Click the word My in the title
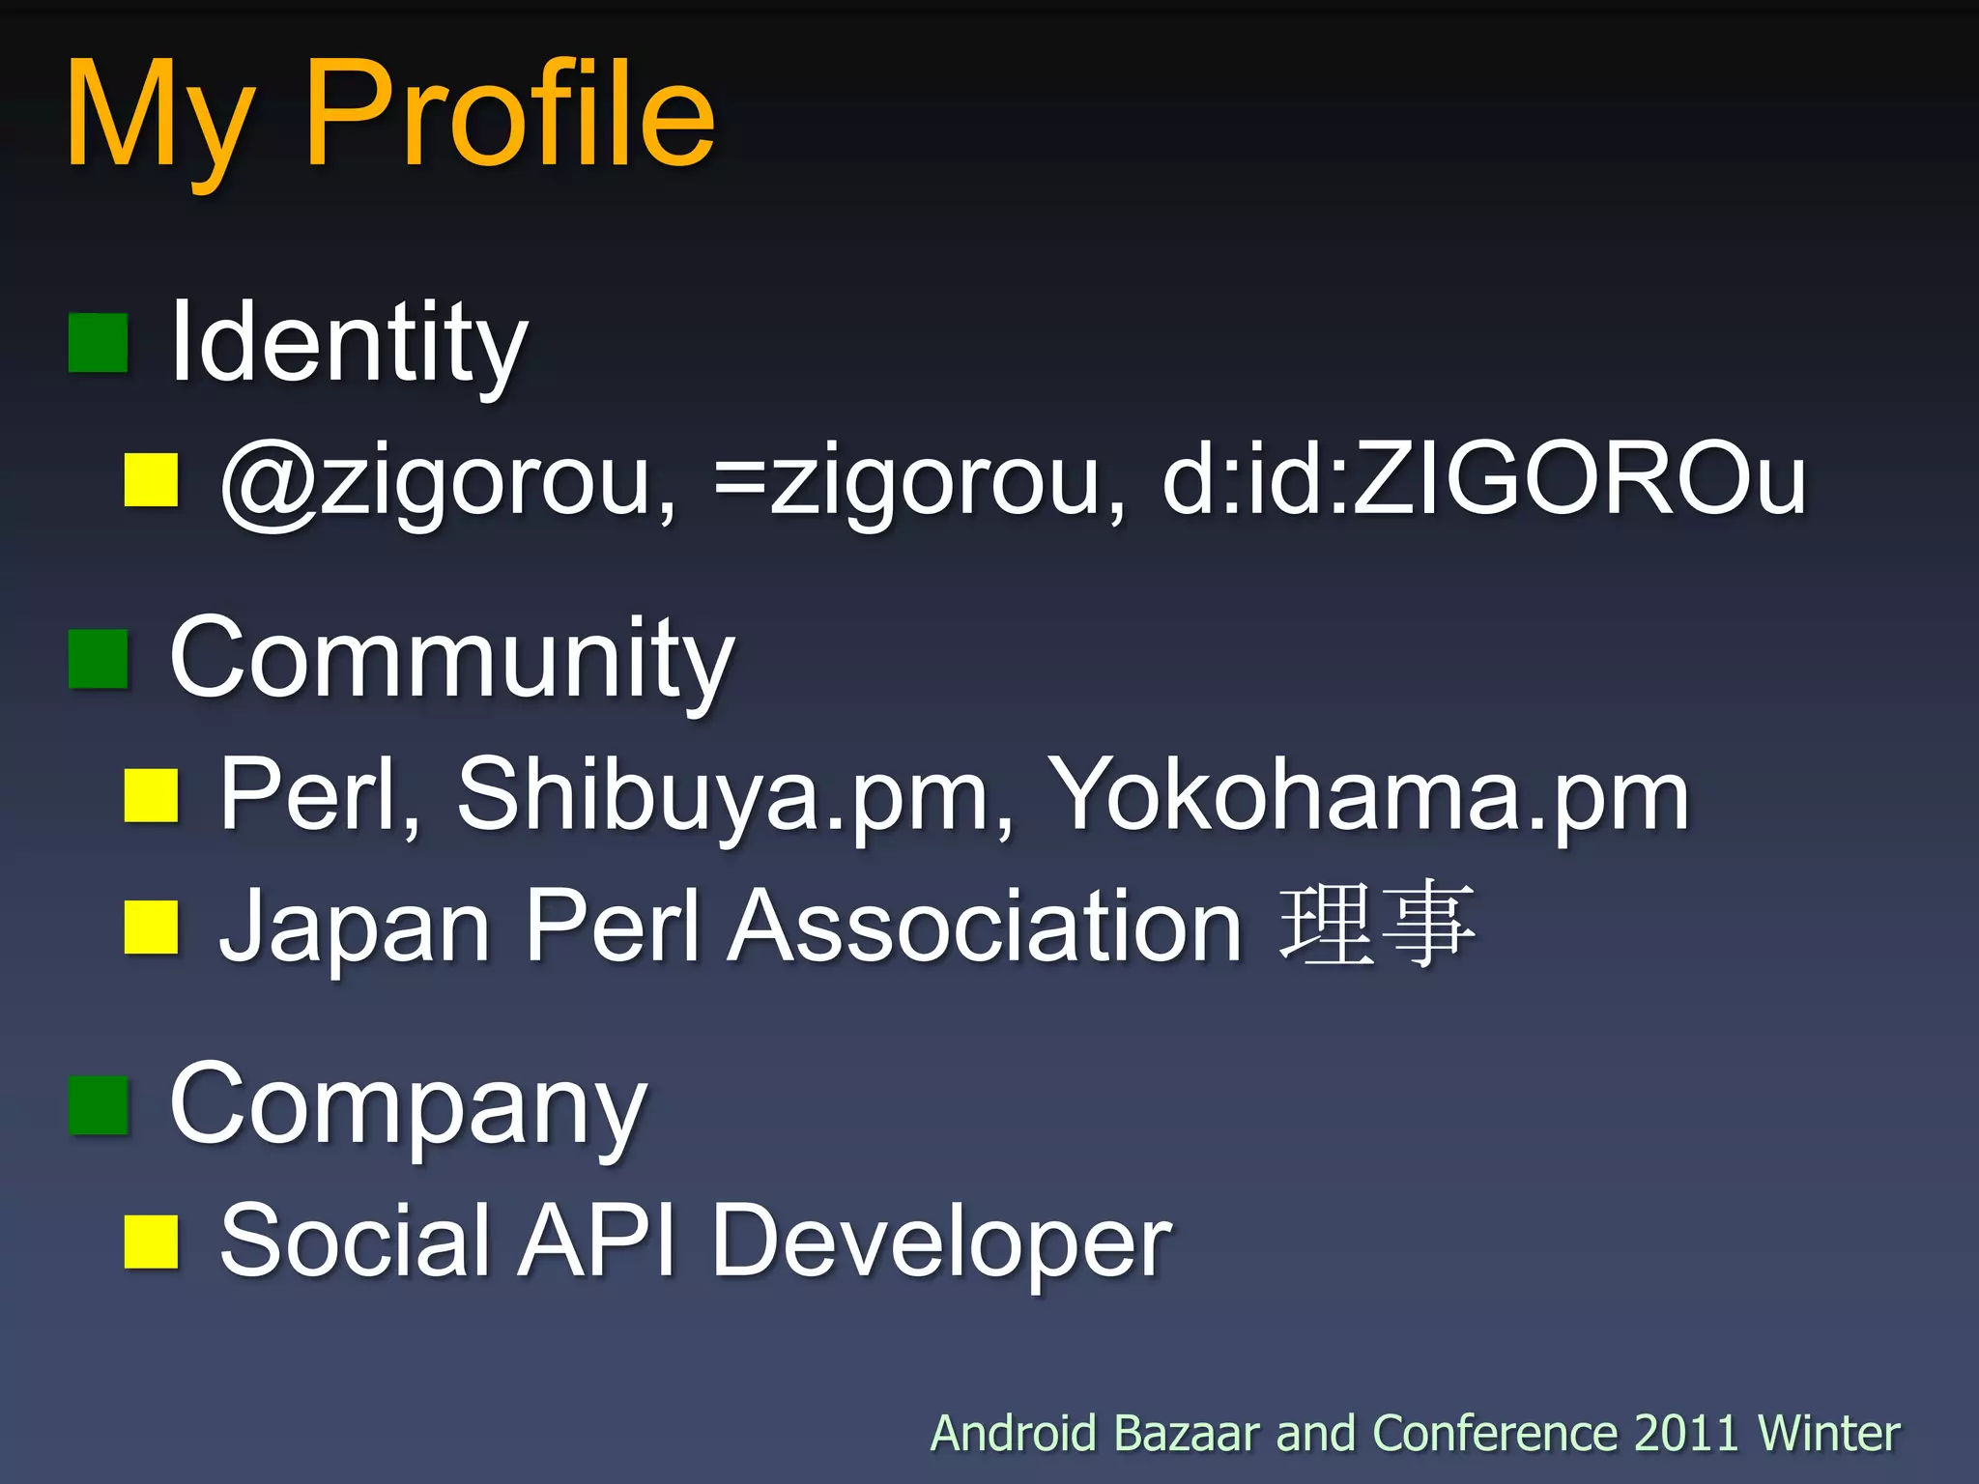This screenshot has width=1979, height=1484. click(x=160, y=121)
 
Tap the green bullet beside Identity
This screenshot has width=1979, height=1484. click(x=99, y=343)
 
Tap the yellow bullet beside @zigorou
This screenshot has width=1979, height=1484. click(x=152, y=480)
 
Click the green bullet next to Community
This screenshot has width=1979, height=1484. click(x=99, y=659)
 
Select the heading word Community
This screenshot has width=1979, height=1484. click(x=451, y=661)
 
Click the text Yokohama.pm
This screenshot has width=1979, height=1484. click(x=1368, y=794)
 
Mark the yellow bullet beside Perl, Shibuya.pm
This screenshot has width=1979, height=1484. click(x=152, y=796)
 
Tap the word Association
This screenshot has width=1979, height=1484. click(x=985, y=927)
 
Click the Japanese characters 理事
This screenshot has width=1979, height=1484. click(x=1377, y=925)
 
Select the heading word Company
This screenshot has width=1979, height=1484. click(x=407, y=1106)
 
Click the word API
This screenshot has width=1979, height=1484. click(x=596, y=1241)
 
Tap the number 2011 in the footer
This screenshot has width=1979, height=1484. click(x=1685, y=1433)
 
